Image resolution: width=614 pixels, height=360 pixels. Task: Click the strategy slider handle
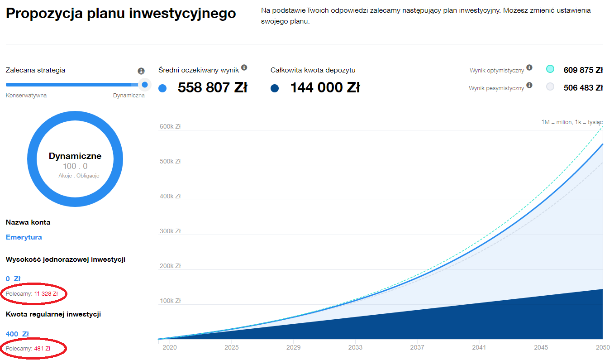[x=145, y=84]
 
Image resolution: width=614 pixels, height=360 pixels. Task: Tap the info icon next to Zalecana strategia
[x=141, y=71]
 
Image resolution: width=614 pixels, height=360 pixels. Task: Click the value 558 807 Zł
[x=212, y=87]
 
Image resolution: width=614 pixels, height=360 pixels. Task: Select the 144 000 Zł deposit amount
[x=324, y=87]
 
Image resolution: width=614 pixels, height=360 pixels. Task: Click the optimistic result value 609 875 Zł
[x=583, y=70]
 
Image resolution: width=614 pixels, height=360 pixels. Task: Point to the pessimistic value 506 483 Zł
[x=583, y=87]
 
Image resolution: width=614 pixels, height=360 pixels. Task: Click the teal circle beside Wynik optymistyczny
[x=550, y=69]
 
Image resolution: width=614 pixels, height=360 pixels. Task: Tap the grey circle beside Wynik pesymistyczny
[x=550, y=86]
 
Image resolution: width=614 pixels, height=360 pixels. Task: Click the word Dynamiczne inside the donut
[x=75, y=156]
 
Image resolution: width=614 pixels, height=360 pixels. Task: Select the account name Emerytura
[x=24, y=237]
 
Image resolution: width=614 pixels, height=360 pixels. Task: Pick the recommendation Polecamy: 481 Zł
[x=28, y=349]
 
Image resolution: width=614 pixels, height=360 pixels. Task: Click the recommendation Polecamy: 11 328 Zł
[x=32, y=294]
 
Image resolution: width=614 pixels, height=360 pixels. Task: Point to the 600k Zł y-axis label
[x=170, y=127]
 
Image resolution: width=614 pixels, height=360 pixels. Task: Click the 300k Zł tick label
[x=170, y=231]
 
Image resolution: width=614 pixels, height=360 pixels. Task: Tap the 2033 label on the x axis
[x=355, y=348]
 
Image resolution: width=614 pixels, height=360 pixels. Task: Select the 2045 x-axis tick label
[x=541, y=348]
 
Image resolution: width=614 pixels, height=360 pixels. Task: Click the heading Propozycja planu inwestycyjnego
[x=121, y=13]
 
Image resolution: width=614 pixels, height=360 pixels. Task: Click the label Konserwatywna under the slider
[x=26, y=96]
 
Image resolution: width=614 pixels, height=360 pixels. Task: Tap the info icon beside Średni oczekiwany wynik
[x=244, y=68]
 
